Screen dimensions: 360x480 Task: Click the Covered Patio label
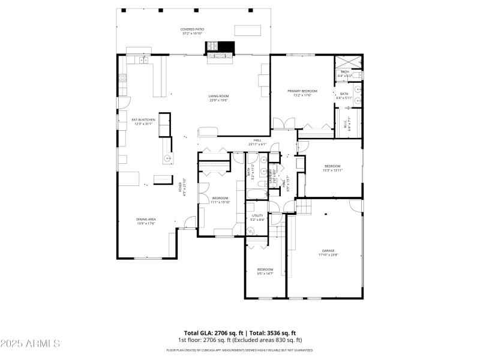pyautogui.click(x=192, y=31)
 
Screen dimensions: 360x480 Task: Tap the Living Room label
pyautogui.click(x=219, y=98)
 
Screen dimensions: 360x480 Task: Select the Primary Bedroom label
pyautogui.click(x=302, y=92)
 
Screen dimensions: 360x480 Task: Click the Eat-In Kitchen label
pyautogui.click(x=143, y=122)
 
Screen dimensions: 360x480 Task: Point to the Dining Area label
pyautogui.click(x=146, y=221)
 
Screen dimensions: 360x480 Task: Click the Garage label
pyautogui.click(x=328, y=253)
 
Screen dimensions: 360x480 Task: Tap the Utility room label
pyautogui.click(x=257, y=217)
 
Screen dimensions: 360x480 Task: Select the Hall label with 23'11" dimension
pyautogui.click(x=257, y=143)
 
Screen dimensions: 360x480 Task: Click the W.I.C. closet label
pyautogui.click(x=345, y=125)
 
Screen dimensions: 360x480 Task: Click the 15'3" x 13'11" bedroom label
pyautogui.click(x=332, y=168)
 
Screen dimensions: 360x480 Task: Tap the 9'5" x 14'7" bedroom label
pyautogui.click(x=265, y=271)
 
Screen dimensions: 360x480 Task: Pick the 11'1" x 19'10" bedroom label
pyautogui.click(x=220, y=200)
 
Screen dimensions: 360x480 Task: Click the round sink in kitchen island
pyautogui.click(x=167, y=158)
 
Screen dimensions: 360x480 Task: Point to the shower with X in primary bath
pyautogui.click(x=348, y=62)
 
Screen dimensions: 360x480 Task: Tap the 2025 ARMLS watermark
pyautogui.click(x=30, y=344)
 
